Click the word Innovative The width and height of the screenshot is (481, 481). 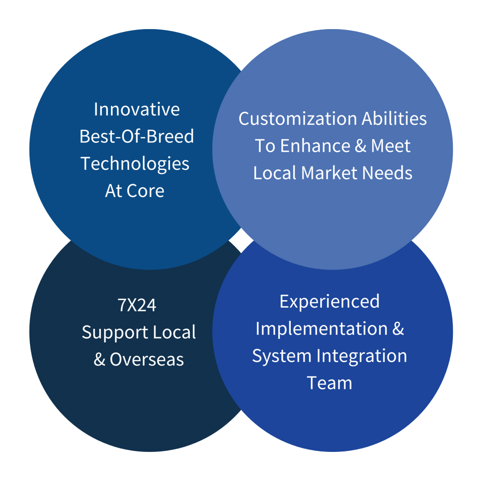tap(137, 109)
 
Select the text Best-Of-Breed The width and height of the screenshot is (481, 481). tap(137, 136)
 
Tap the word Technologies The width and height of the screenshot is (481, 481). tap(135, 164)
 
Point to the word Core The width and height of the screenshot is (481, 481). tap(146, 191)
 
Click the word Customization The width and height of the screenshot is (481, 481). tap(298, 119)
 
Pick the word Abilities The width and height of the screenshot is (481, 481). tap(394, 118)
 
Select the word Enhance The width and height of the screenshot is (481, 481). tap(315, 146)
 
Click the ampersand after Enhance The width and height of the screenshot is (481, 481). tap(361, 146)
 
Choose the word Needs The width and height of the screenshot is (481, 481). tap(387, 173)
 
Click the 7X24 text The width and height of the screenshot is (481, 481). tap(137, 305)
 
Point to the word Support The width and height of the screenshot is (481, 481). tap(115, 333)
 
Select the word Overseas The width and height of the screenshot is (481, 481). tap(147, 359)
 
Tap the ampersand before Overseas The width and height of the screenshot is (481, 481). tap(100, 359)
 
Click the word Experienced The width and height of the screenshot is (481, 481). tap(329, 302)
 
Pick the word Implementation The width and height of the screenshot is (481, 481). tap(322, 328)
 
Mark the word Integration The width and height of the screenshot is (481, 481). tap(362, 357)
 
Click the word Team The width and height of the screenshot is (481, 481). tap(329, 383)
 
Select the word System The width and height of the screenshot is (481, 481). tap(282, 357)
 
